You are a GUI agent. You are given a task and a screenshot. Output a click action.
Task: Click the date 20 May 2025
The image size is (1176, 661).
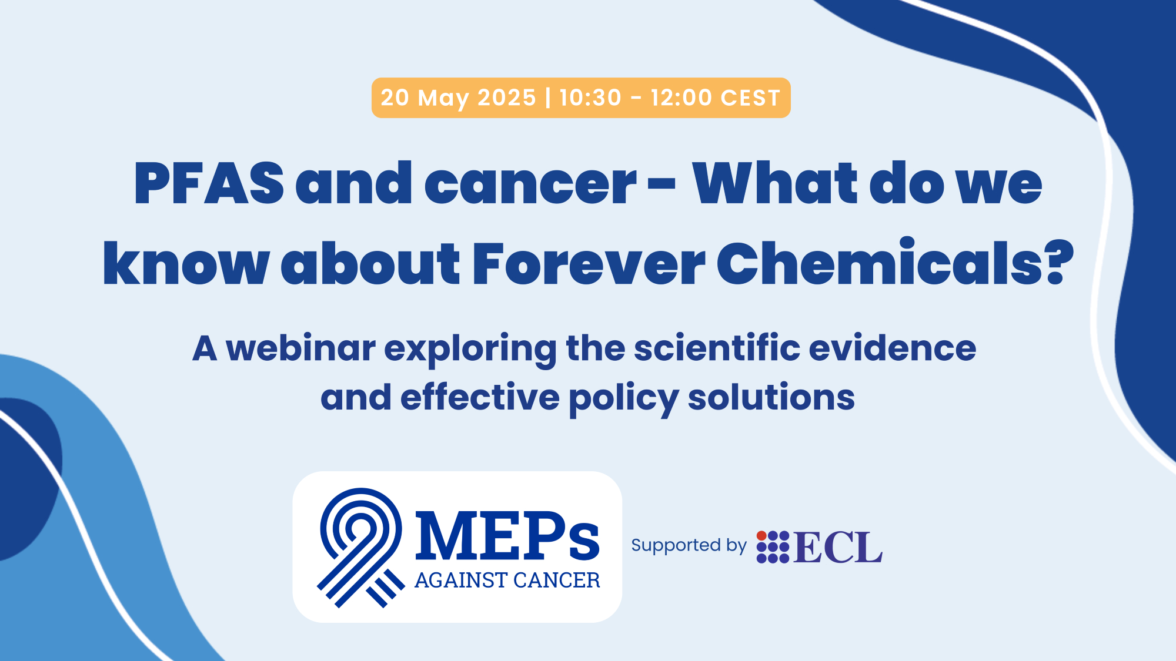click(x=458, y=98)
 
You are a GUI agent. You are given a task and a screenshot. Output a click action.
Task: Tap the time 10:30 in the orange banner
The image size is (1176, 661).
click(x=590, y=98)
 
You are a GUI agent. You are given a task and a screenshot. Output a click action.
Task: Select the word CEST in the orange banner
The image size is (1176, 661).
click(x=750, y=98)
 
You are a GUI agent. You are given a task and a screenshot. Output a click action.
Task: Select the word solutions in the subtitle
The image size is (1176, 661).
click(x=771, y=397)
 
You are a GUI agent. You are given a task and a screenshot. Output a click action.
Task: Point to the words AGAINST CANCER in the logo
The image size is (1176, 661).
click(x=507, y=581)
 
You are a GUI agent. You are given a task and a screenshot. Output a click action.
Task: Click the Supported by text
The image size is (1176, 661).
click(x=689, y=546)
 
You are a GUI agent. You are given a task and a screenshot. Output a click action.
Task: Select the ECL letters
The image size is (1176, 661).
click(x=838, y=547)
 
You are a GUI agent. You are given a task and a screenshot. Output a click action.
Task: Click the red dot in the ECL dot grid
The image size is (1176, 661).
click(x=761, y=536)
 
